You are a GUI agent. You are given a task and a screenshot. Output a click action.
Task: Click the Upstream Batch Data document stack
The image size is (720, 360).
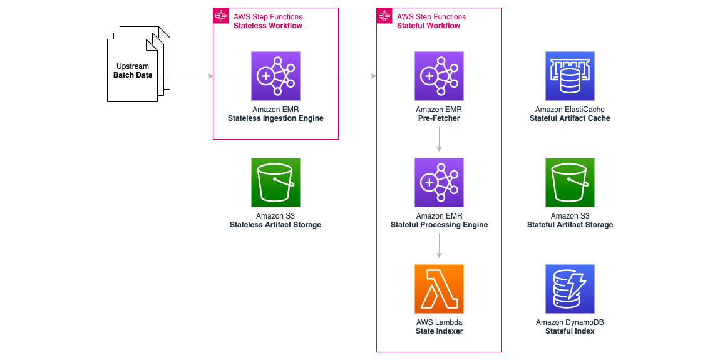[x=133, y=70]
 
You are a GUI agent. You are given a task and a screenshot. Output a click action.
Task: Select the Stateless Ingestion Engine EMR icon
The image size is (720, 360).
[x=275, y=76]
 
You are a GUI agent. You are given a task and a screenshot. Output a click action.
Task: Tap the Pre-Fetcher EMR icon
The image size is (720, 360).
[x=439, y=76]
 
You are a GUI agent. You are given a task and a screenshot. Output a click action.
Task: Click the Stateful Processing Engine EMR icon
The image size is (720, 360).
[x=439, y=182]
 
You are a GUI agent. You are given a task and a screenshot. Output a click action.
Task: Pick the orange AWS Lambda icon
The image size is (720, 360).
[x=439, y=289]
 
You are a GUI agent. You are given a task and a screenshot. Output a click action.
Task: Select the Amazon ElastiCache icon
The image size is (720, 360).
[x=570, y=76]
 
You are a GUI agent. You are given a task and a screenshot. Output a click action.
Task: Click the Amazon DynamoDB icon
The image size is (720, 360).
[x=570, y=289]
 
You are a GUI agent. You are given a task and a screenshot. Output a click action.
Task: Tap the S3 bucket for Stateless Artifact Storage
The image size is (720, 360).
[x=275, y=182]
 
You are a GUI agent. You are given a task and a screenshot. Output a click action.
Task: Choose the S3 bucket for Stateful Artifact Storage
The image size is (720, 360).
[x=570, y=182]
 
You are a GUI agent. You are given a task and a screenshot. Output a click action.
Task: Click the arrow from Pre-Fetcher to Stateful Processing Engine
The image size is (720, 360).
[x=439, y=139]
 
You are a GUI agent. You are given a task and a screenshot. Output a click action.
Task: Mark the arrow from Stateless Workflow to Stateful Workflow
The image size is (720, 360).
[x=357, y=76]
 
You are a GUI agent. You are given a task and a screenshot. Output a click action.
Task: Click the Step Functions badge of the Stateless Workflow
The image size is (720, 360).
[x=221, y=16]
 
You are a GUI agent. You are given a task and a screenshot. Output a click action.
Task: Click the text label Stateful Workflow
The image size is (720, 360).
[x=428, y=26]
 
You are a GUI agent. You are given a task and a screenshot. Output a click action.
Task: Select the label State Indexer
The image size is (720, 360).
[x=439, y=331]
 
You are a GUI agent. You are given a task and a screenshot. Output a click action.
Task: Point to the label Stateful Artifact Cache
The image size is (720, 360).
[x=570, y=118]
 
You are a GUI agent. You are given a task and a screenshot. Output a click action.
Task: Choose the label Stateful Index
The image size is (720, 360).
[x=570, y=331]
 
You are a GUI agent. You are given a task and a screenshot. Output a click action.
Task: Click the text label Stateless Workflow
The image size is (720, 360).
[x=267, y=26]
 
